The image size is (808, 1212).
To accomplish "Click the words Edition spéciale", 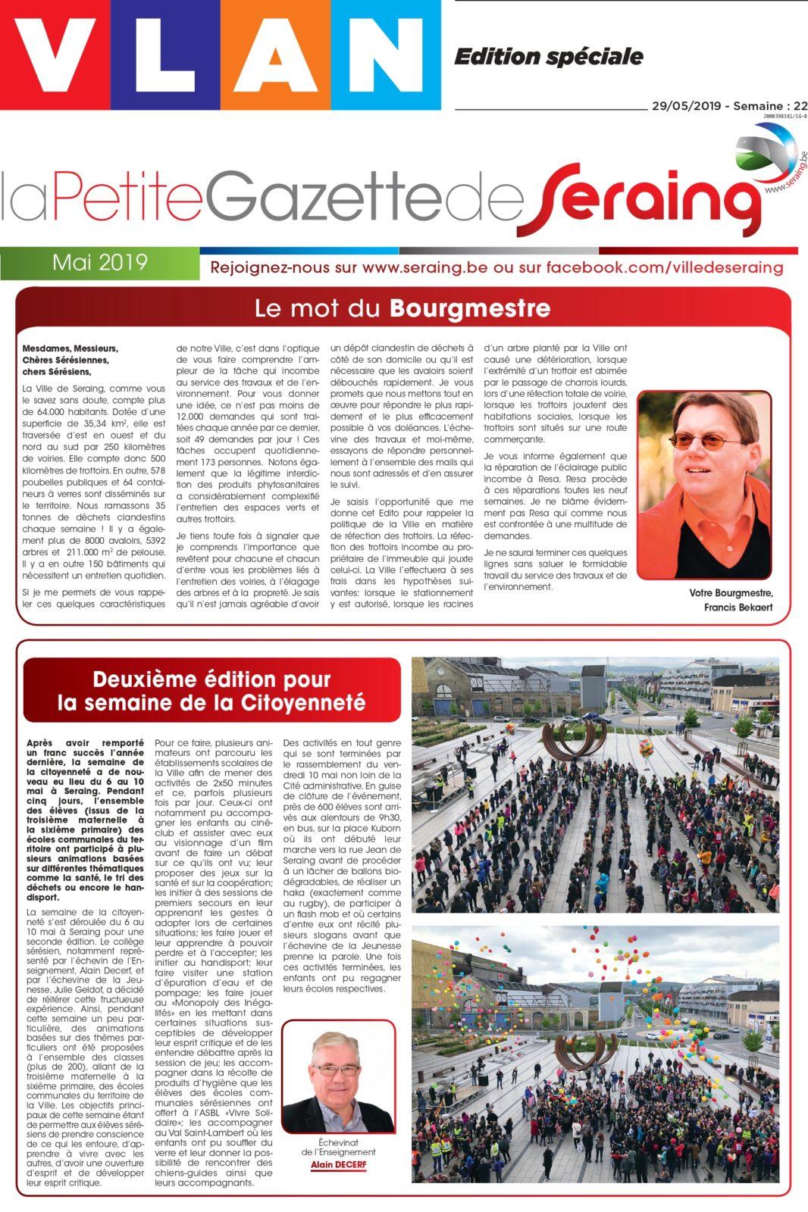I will [x=548, y=57].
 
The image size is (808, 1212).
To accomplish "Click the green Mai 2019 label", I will [x=99, y=263].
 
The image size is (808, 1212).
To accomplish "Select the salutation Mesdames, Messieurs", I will [x=70, y=348].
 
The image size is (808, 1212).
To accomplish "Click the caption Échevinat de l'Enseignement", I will [x=338, y=1147].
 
